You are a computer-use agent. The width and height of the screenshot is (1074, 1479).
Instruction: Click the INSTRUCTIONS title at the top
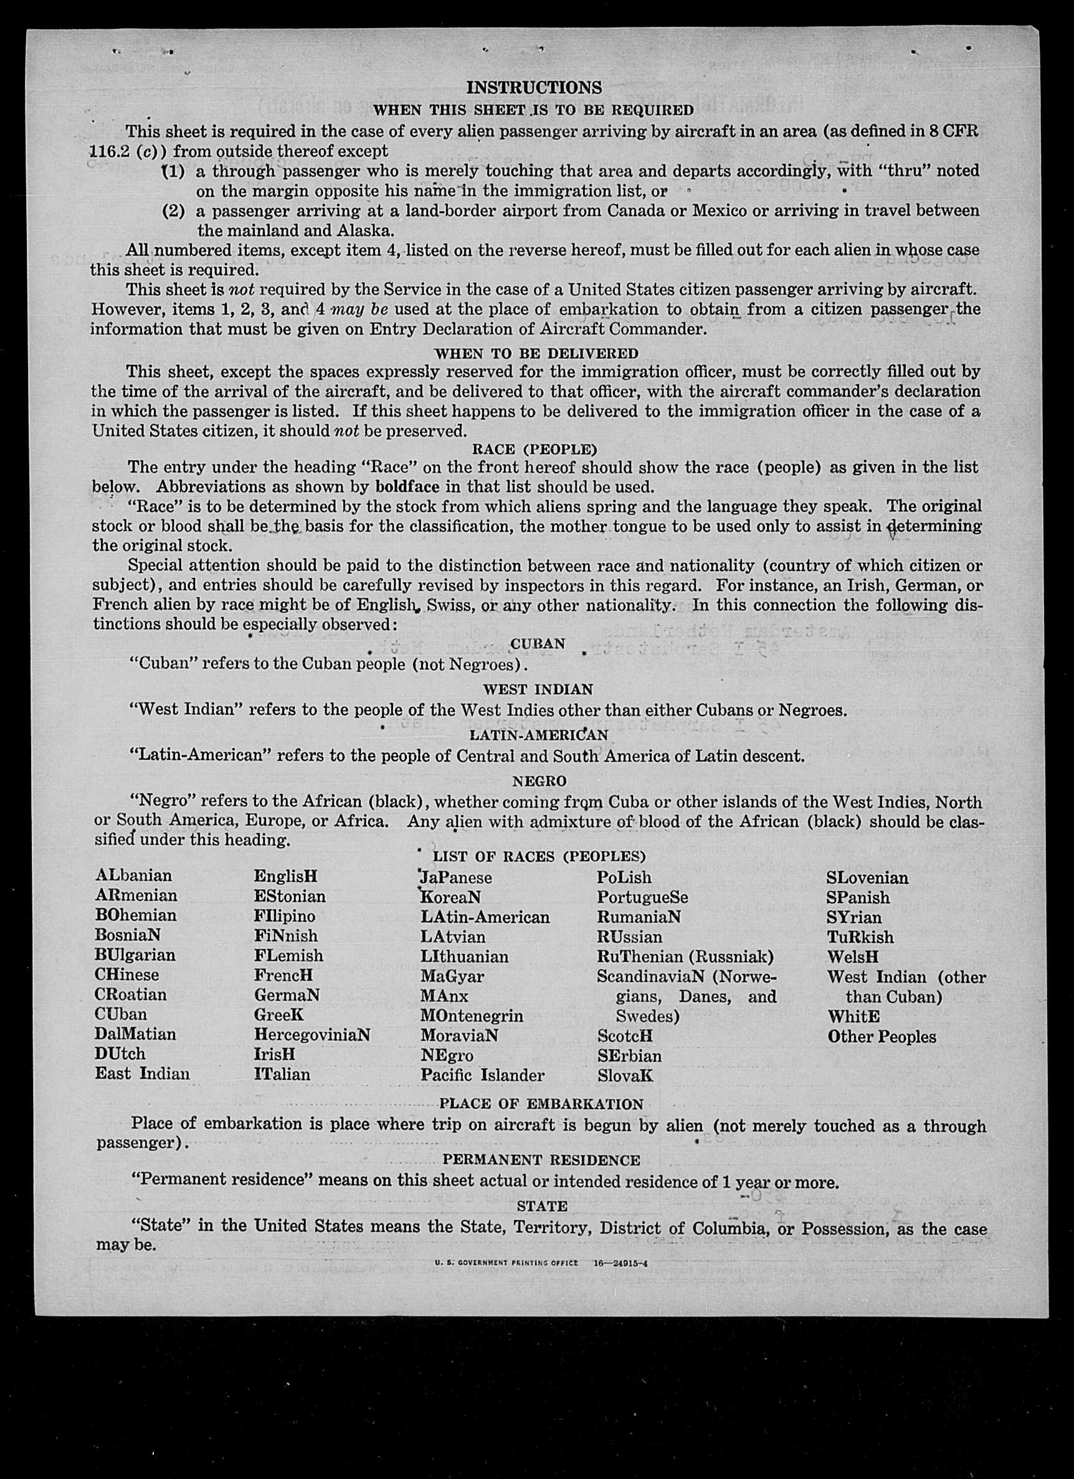click(534, 87)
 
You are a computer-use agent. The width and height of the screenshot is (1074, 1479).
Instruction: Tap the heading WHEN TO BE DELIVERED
click(536, 354)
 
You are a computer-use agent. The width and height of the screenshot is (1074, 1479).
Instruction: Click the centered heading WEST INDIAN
click(538, 689)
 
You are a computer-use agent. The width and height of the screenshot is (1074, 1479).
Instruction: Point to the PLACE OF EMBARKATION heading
click(541, 1104)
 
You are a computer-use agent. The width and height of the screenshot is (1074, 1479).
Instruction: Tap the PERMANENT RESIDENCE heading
click(541, 1160)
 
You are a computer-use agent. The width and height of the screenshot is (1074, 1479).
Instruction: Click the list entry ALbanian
click(133, 875)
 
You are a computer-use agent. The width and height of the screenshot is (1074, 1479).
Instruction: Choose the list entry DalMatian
click(135, 1034)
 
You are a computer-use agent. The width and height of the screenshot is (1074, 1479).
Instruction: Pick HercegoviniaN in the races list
click(312, 1034)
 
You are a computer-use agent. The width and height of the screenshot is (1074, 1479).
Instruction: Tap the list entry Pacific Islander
click(482, 1075)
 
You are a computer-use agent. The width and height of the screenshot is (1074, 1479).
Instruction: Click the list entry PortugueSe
click(642, 897)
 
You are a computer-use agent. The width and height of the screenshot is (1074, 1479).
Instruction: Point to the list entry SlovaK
click(624, 1075)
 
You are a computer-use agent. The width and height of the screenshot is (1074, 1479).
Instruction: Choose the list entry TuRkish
click(859, 937)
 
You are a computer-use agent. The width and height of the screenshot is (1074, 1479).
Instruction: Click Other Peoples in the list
click(882, 1037)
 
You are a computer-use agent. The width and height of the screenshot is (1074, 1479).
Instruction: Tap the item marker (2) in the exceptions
click(174, 211)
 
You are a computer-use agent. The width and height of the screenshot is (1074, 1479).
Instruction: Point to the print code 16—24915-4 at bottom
click(620, 1262)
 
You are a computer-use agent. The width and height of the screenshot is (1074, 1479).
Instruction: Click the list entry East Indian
click(142, 1074)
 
